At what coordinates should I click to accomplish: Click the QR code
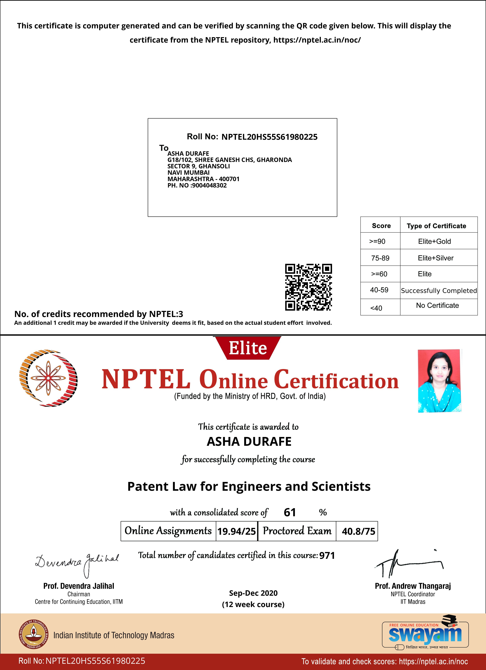[x=308, y=287]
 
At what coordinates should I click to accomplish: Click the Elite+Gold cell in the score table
[x=434, y=241]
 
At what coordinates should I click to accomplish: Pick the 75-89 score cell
[x=380, y=258]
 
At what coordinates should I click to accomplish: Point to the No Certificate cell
[x=437, y=305]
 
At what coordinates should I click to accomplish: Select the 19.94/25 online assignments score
[x=237, y=531]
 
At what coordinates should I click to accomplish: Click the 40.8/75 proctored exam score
[x=358, y=531]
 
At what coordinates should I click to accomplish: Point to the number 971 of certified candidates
[x=327, y=555]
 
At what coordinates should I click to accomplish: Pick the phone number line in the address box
[x=197, y=186]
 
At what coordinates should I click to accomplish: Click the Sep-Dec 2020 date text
[x=253, y=593]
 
